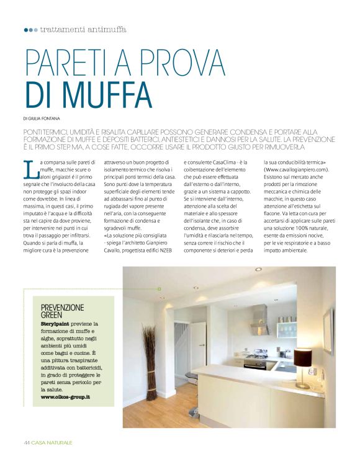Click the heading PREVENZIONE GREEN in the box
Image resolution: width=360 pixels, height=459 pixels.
62,311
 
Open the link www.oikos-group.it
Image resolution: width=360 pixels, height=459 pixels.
65,396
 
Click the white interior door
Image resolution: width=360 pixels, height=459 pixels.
197,345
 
